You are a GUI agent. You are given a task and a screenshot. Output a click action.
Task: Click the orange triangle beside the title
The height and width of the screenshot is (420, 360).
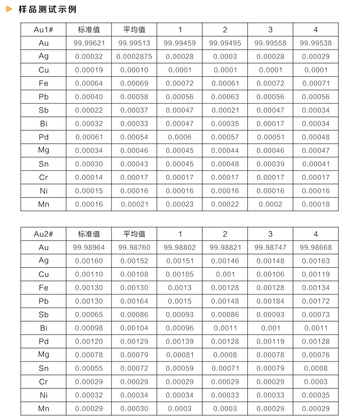pos(9,10)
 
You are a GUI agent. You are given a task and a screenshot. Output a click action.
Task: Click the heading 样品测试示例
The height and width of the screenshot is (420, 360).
pos(47,10)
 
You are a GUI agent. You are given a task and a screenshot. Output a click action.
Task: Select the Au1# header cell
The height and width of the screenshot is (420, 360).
pos(43,30)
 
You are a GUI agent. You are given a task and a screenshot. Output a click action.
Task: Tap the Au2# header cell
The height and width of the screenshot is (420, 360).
pos(43,234)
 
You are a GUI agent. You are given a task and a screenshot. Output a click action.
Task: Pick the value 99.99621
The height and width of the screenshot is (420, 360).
pos(89,43)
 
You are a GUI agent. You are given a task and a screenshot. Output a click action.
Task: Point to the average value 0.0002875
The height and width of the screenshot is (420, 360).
pos(134,57)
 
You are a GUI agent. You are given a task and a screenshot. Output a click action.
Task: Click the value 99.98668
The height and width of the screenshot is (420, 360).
pos(316,247)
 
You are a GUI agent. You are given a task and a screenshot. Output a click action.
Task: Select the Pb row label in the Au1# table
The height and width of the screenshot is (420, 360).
pos(43,97)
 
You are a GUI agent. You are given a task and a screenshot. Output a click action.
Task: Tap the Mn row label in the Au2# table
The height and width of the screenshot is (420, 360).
pos(43,408)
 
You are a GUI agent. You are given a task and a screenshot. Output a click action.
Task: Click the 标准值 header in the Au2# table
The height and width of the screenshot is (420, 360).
pos(89,234)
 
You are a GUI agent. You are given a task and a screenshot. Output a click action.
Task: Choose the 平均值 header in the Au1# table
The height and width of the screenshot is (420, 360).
pos(134,30)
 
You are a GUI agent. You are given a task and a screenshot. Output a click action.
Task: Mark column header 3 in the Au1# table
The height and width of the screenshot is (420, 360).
pos(270,30)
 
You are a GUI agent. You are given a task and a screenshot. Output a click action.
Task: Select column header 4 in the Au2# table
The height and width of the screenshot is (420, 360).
pos(316,234)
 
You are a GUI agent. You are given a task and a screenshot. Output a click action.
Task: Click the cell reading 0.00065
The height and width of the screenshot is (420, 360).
pos(89,314)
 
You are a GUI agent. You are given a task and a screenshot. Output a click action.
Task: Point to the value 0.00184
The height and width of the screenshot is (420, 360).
pos(270,301)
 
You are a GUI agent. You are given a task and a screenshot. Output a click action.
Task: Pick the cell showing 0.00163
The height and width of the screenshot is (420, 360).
pos(316,261)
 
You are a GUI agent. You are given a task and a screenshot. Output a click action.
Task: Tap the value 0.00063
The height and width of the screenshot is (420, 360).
pos(225,97)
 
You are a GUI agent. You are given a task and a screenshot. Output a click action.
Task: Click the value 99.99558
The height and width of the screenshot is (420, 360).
pos(270,43)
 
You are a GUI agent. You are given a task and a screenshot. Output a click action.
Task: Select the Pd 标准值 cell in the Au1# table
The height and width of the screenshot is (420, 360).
pos(89,137)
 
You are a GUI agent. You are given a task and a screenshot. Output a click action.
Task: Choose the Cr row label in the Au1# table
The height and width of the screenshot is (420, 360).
pos(43,177)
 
